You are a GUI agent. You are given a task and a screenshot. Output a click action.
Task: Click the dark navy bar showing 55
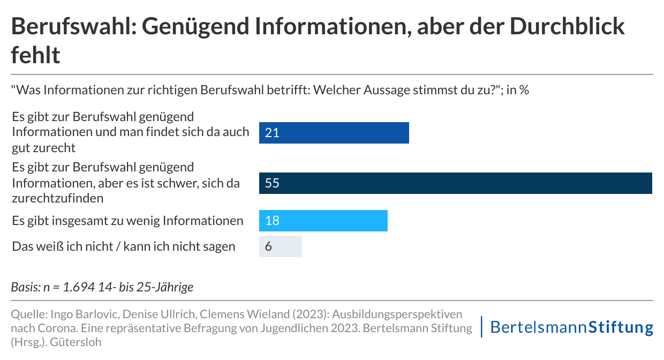coord(455,183)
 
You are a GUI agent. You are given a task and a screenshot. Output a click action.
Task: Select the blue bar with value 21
coord(334,133)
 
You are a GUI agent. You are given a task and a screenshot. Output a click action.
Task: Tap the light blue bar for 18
coord(323,221)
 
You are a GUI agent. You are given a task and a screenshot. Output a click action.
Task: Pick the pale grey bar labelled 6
coord(281,246)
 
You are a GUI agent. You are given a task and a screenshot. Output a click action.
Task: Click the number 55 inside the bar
coord(272,183)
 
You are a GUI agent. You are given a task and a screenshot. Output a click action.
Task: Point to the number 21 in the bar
coord(272,133)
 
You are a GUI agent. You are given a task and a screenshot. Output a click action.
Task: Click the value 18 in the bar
coord(272,221)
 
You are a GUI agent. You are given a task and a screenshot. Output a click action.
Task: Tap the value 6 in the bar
coord(269,246)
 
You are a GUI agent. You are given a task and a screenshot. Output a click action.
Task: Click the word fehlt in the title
coord(35,55)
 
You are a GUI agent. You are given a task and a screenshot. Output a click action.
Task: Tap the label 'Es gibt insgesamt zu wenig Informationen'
coord(127,221)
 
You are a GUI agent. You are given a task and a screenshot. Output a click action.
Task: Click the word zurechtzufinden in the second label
coord(57,198)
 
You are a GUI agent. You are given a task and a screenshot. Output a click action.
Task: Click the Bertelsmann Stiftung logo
coord(571,327)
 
